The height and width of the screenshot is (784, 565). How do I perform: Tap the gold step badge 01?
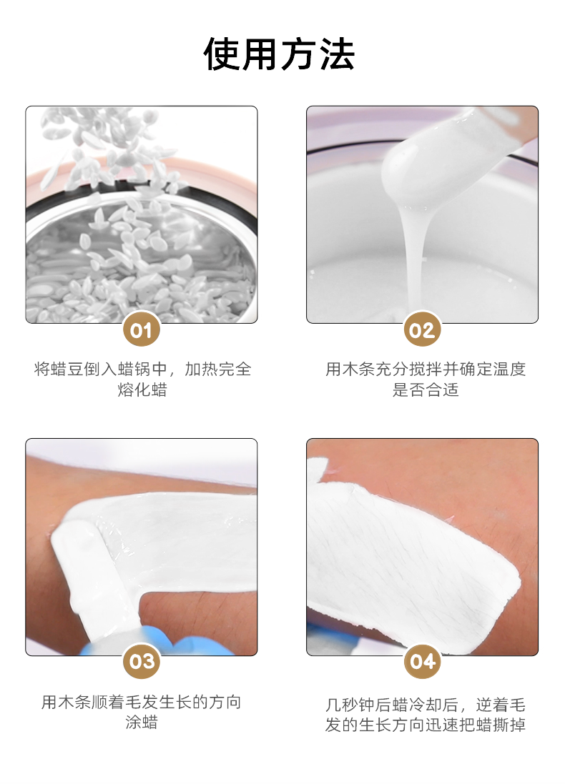pyautogui.click(x=141, y=329)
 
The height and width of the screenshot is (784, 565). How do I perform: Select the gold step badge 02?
pyautogui.click(x=422, y=329)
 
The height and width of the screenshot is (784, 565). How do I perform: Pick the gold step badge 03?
pyautogui.click(x=141, y=661)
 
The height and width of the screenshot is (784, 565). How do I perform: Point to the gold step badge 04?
pyautogui.click(x=422, y=661)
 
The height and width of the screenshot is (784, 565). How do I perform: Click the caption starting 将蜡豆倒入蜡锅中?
pyautogui.click(x=142, y=369)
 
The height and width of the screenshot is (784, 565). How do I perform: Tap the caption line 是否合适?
pyautogui.click(x=426, y=389)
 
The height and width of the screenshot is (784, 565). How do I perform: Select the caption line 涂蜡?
pyautogui.click(x=142, y=722)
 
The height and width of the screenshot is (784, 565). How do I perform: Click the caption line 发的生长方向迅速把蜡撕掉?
pyautogui.click(x=426, y=725)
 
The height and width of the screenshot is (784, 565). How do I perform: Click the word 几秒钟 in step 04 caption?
pyautogui.click(x=350, y=705)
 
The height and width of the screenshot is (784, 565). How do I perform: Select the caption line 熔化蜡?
pyautogui.click(x=142, y=389)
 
